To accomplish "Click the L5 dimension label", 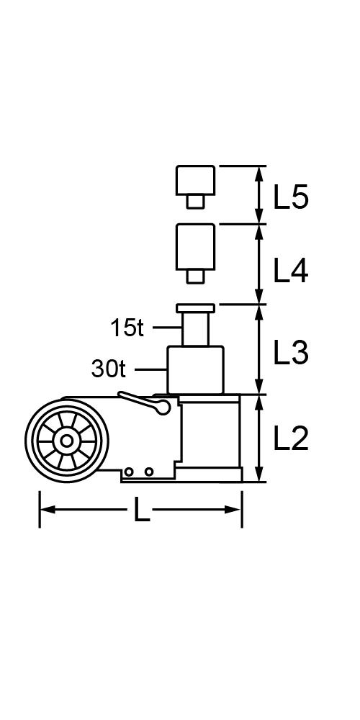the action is click(x=291, y=198).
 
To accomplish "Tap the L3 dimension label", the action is click(x=291, y=354).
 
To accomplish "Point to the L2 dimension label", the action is click(x=291, y=439).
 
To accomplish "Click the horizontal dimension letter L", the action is click(x=141, y=510).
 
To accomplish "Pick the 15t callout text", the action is click(x=127, y=328).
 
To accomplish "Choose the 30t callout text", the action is click(x=109, y=369).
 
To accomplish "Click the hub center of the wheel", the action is click(x=66, y=441).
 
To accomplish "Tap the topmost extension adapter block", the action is click(x=195, y=180).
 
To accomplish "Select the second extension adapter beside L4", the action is click(x=195, y=246).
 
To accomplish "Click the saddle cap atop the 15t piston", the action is click(x=195, y=308).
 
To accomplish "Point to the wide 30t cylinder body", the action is click(x=195, y=369).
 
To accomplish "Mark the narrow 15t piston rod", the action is click(x=195, y=329).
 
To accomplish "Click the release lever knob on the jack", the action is click(x=162, y=407).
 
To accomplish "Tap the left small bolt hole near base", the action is click(x=129, y=472).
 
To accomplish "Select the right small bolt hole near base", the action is click(x=148, y=472).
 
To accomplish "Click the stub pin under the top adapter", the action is click(x=195, y=202).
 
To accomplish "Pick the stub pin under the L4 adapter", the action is click(x=195, y=276).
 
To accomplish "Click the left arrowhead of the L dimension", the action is click(x=48, y=510).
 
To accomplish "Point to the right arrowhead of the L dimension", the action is click(x=233, y=510).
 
